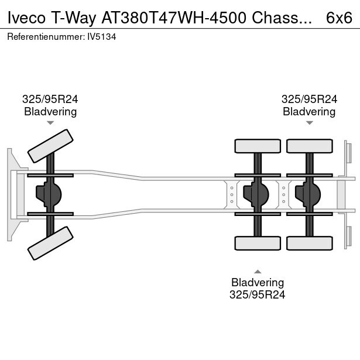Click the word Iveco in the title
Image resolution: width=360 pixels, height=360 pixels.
[x=25, y=18]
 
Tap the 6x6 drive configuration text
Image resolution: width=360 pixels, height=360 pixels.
[x=339, y=18]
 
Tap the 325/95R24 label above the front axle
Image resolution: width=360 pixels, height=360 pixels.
[x=50, y=100]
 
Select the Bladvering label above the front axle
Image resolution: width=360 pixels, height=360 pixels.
[x=50, y=111]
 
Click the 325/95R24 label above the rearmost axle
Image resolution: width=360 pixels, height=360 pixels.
[x=309, y=100]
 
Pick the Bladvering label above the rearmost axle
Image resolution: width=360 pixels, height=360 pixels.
[x=309, y=111]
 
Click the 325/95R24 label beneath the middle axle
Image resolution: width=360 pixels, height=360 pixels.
[x=258, y=294]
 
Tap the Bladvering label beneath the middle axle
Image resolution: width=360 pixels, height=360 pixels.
[x=258, y=283]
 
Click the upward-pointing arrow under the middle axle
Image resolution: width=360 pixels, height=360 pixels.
[x=258, y=271]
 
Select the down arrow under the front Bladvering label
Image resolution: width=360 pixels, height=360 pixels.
[x=50, y=123]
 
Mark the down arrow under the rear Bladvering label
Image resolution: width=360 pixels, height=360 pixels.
[x=309, y=123]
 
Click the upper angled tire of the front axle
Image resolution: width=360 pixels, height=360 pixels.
[x=51, y=146]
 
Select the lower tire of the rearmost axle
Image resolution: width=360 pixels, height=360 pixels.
[x=308, y=242]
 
